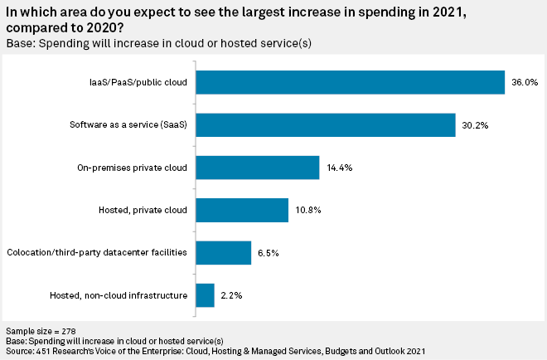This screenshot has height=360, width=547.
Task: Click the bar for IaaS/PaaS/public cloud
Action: [x=350, y=82]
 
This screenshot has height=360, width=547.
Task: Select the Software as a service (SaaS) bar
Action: [x=325, y=124]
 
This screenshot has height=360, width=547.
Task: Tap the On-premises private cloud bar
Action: [x=257, y=168]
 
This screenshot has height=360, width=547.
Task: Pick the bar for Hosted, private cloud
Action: [x=241, y=210]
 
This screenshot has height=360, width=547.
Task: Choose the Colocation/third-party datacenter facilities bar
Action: [x=223, y=252]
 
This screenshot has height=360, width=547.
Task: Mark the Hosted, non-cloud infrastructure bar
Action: [x=205, y=295]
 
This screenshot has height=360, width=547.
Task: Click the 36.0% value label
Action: [x=525, y=82]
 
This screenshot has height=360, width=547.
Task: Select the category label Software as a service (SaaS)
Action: [x=128, y=124]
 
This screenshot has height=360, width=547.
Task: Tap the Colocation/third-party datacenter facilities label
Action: [x=97, y=252]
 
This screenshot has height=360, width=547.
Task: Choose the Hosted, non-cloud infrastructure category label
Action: [x=119, y=295]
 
